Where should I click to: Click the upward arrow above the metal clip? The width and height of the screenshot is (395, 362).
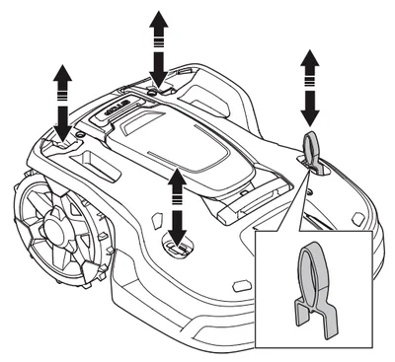[310, 67]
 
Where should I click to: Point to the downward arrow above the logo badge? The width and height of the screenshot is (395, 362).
[157, 67]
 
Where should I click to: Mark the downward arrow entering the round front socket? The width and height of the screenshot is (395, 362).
[178, 225]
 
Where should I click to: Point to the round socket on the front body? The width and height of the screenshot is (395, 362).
[177, 247]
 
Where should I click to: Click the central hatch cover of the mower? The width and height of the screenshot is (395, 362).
[173, 148]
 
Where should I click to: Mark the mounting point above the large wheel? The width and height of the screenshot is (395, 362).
[63, 143]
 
